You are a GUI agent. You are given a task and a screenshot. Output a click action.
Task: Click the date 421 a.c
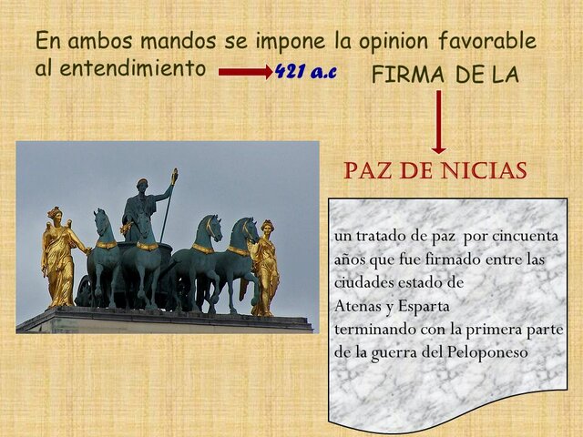305,72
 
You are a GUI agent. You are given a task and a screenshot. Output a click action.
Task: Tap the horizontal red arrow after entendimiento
245,72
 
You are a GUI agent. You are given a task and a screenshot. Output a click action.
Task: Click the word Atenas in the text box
359,305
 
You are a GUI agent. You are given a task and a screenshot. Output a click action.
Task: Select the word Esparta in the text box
436,305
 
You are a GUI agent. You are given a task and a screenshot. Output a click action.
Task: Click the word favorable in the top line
486,41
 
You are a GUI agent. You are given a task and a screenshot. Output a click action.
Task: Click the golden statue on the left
60,259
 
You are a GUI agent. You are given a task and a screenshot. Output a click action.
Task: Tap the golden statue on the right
265,267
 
